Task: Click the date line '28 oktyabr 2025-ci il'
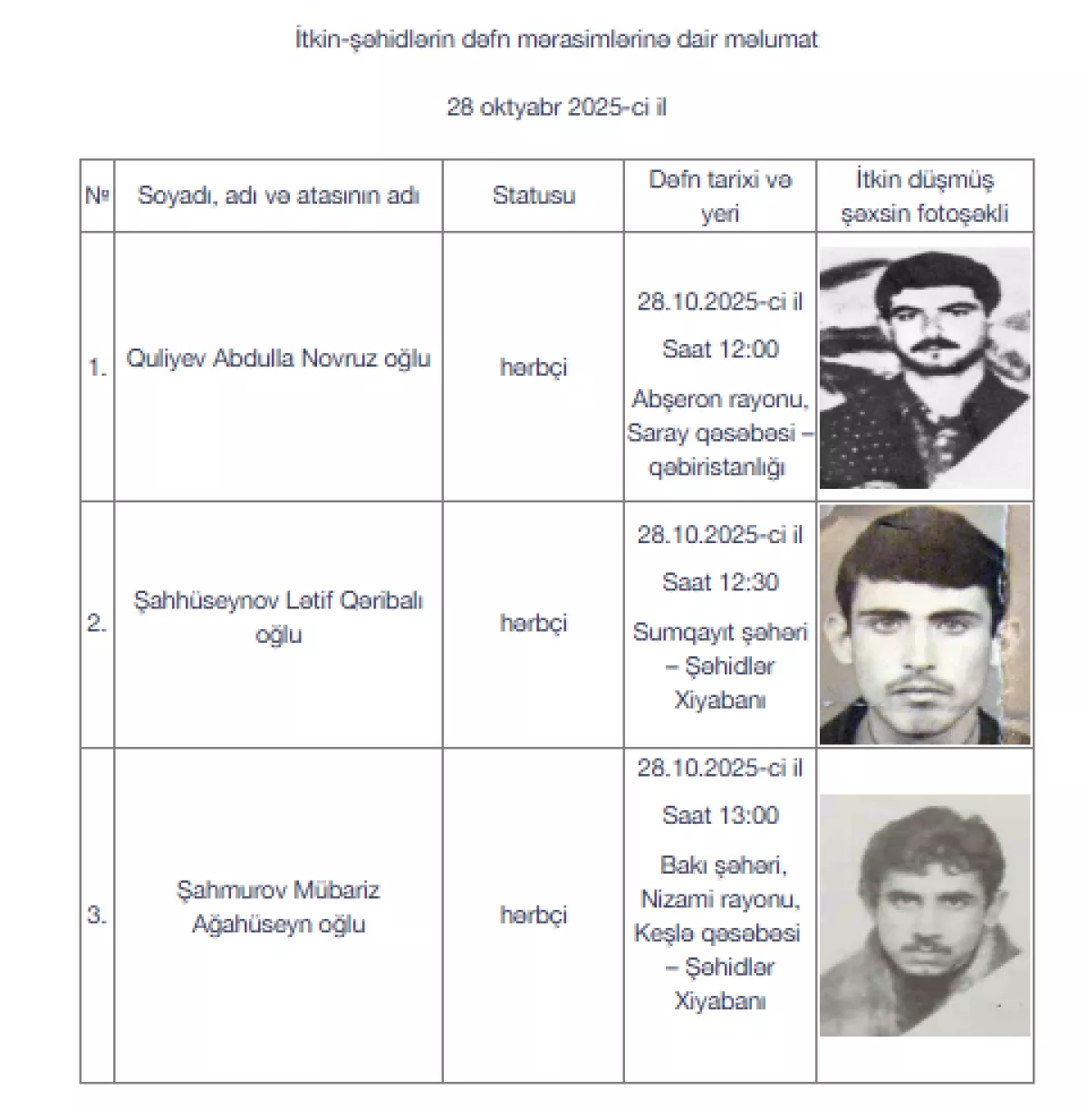[x=556, y=107]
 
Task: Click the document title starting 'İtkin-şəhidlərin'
[x=556, y=39]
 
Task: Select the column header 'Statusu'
[x=534, y=196]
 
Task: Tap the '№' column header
[x=97, y=196]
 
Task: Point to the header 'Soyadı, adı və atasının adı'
[x=278, y=196]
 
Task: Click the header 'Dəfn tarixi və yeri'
[x=720, y=196]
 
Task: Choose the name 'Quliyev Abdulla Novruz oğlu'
[x=278, y=359]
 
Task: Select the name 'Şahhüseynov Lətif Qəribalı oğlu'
[x=278, y=617]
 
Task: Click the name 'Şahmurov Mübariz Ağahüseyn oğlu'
[x=278, y=907]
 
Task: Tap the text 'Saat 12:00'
[x=720, y=349]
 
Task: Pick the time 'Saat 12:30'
[x=720, y=582]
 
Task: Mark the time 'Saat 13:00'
[x=720, y=816]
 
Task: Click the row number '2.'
[x=97, y=623]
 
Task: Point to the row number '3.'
[x=97, y=915]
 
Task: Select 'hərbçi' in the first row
[x=534, y=368]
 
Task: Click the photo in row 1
[x=925, y=368]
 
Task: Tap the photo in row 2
[x=925, y=625]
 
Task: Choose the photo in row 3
[x=925, y=915]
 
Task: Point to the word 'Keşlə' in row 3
[x=663, y=933]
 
